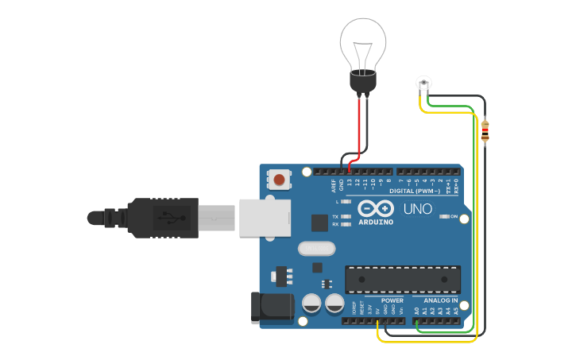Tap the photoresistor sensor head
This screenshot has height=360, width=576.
423,82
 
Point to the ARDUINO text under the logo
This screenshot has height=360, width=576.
375,222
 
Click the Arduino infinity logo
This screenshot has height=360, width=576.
375,208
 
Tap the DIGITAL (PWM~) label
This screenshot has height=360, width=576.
414,192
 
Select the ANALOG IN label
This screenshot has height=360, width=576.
439,300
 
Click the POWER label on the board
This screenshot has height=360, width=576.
392,300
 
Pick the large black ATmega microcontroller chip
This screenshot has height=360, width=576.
402,280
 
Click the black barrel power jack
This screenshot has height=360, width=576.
270,308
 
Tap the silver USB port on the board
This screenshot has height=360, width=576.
264,217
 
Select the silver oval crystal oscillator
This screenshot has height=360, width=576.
317,249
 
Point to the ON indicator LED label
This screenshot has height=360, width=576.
454,216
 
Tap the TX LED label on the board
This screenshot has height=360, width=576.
334,216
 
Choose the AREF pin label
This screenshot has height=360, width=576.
334,186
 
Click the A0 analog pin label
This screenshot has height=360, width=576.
416,311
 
